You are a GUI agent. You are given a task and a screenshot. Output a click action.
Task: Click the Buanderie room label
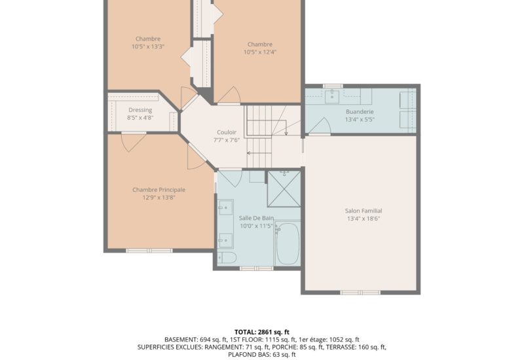coord(360,111)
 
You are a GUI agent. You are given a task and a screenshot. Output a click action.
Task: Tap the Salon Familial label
coord(364,211)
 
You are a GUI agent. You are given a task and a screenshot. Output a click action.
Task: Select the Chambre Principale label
coord(159,190)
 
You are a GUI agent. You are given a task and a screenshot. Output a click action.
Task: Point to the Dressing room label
coord(140,110)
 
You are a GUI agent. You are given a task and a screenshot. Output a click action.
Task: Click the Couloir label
coord(227,132)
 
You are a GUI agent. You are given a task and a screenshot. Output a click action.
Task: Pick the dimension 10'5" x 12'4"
coord(260,52)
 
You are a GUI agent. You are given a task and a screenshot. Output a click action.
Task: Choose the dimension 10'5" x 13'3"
coord(148,46)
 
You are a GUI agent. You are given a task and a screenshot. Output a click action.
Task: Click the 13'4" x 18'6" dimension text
coord(364,219)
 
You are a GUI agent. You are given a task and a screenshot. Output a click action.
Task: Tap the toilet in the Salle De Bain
coord(227,258)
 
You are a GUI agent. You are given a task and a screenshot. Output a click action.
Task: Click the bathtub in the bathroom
coord(287,243)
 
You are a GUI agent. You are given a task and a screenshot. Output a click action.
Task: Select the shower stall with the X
coord(284,189)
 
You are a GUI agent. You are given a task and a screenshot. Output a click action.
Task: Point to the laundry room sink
coord(332,96)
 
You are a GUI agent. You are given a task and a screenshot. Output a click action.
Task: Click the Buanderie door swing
coord(321,126)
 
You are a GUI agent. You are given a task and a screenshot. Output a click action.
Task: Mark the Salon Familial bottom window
coord(360,293)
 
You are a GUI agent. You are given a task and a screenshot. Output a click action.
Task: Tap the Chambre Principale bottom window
coord(149,251)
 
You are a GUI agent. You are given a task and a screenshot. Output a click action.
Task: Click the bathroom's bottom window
coord(257,268)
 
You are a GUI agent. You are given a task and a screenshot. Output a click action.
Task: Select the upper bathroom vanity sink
coord(225,207)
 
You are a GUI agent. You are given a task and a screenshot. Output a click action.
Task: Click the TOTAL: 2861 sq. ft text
coord(261,332)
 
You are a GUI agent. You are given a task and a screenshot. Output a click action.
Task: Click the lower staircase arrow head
coord(249,153)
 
